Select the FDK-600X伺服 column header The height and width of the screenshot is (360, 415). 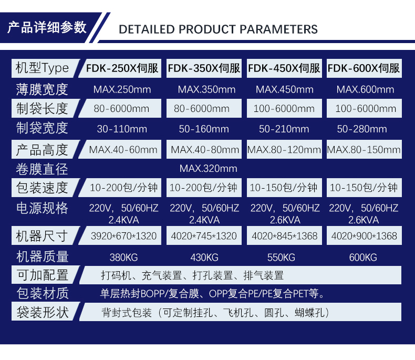pyautogui.click(x=364, y=68)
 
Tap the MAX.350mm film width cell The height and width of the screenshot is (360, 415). pyautogui.click(x=206, y=89)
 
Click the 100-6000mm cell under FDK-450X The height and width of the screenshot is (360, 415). pyautogui.click(x=284, y=109)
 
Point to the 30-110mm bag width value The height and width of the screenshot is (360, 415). pyautogui.click(x=122, y=129)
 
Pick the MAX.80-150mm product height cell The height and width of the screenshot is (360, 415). pyautogui.click(x=364, y=150)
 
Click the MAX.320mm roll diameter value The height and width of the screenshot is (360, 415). pyautogui.click(x=209, y=168)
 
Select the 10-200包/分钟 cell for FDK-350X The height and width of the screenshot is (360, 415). pyautogui.click(x=203, y=188)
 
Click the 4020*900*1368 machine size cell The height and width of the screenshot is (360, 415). pyautogui.click(x=364, y=236)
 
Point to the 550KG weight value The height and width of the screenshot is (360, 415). pyautogui.click(x=281, y=258)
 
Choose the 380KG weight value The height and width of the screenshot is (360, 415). pyautogui.click(x=123, y=258)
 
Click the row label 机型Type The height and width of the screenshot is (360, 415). pyautogui.click(x=42, y=68)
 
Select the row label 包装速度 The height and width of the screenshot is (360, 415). pyautogui.click(x=42, y=188)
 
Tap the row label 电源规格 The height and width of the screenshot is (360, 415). pyautogui.click(x=42, y=208)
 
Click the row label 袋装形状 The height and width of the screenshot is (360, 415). pyautogui.click(x=43, y=312)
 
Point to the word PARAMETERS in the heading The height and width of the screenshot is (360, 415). pyautogui.click(x=278, y=29)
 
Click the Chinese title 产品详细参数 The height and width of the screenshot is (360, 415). pyautogui.click(x=47, y=27)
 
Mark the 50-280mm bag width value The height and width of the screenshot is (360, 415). pyautogui.click(x=362, y=129)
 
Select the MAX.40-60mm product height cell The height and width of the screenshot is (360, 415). pyautogui.click(x=123, y=150)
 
